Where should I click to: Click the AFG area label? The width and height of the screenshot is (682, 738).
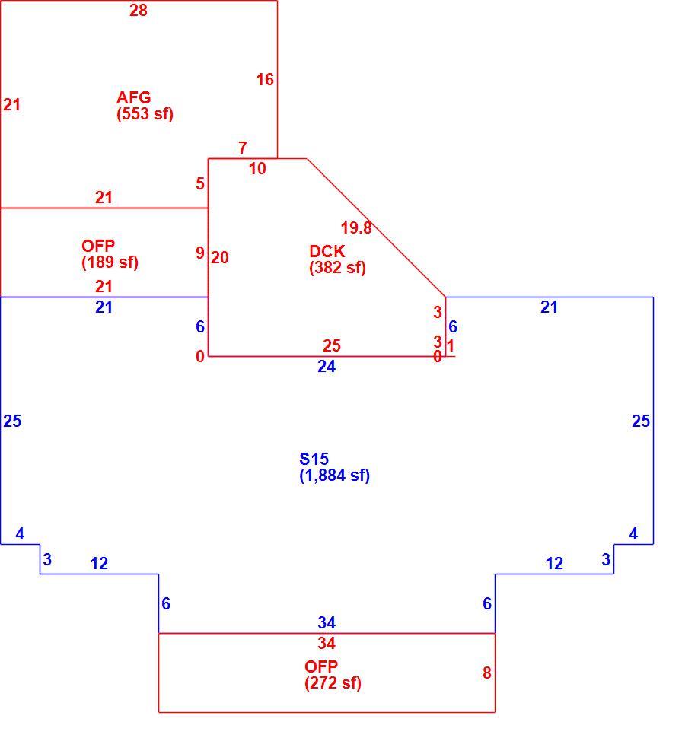134,97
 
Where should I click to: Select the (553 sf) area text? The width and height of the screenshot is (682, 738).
145,114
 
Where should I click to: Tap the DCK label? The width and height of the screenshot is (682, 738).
327,251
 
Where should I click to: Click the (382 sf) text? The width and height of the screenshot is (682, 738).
338,268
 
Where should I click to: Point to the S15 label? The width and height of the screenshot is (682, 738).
314,459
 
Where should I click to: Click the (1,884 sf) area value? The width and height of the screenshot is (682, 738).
334,476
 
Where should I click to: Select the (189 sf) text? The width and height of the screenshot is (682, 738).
110,262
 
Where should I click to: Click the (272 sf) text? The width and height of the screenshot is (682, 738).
333,683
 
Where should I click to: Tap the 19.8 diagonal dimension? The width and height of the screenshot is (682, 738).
356,227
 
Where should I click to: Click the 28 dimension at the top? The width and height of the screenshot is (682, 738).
139,10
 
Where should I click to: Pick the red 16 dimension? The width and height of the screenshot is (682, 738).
265,80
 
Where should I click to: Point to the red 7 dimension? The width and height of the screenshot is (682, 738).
243,148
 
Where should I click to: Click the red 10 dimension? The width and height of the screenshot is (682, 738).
257,168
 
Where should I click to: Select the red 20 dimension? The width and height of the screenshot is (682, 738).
219,257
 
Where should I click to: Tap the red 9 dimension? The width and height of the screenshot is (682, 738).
200,253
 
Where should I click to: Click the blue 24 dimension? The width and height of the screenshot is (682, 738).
327,366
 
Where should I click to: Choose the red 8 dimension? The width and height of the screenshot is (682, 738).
487,673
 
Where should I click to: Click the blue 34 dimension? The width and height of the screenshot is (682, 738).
327,622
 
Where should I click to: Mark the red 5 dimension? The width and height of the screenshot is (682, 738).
200,183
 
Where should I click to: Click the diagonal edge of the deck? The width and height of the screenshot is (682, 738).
376,227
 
